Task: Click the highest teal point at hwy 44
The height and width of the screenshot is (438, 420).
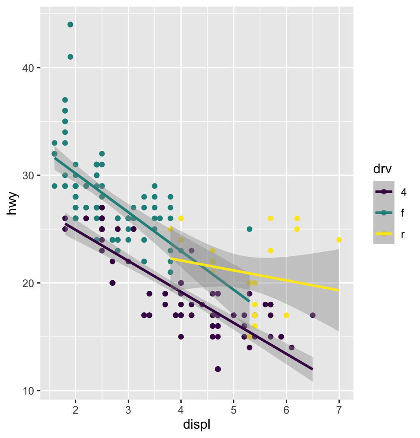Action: tap(70, 24)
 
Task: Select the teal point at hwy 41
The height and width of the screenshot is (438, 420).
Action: tap(70, 57)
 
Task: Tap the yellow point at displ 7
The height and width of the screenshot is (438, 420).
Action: tap(339, 240)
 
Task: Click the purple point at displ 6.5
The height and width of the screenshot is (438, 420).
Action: tap(313, 315)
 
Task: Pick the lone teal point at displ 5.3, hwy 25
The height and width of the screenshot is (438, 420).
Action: tap(249, 229)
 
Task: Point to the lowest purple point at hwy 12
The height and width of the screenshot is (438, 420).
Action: tap(218, 369)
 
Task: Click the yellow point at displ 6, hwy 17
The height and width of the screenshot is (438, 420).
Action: tap(286, 315)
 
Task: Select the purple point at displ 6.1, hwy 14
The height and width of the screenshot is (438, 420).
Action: tap(291, 348)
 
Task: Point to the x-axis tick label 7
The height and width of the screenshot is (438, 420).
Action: tap(339, 410)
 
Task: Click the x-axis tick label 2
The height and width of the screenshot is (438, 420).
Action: tap(75, 410)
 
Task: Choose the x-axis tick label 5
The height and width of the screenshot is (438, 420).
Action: tap(234, 410)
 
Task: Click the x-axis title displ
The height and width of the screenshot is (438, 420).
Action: tap(197, 425)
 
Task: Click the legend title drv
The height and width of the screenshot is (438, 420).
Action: tap(381, 169)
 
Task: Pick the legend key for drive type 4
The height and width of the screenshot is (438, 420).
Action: tap(384, 192)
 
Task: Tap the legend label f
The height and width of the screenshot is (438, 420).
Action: tap(402, 213)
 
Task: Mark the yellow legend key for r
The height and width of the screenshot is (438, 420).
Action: tap(384, 234)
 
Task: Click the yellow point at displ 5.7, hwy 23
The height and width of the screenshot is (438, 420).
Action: tap(270, 251)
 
